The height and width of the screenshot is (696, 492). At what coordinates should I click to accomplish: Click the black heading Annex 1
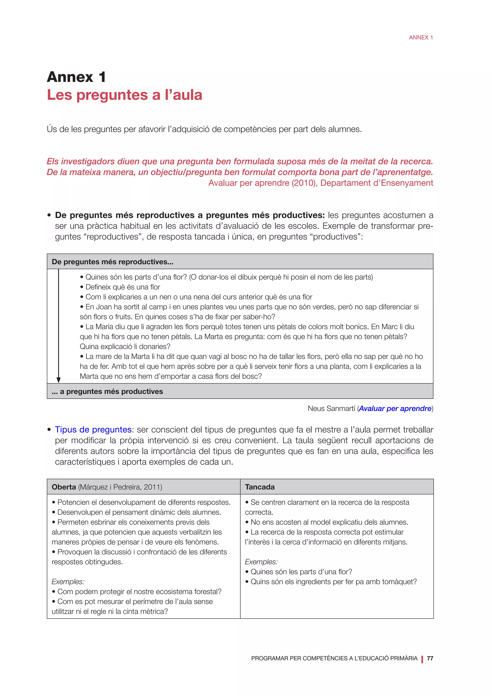[76, 77]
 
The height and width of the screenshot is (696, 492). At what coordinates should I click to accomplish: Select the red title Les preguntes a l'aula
[124, 95]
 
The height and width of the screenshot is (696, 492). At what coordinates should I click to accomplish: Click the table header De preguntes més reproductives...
[112, 262]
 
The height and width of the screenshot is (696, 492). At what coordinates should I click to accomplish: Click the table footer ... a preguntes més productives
[107, 391]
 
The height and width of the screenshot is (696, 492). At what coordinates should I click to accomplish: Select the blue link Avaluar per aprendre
[395, 409]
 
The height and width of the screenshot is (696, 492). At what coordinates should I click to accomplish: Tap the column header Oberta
[64, 487]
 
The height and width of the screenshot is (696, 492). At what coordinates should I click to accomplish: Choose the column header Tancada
[260, 487]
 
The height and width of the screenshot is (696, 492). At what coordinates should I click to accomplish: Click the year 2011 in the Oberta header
[152, 487]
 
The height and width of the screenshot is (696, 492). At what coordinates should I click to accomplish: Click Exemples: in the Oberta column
[68, 582]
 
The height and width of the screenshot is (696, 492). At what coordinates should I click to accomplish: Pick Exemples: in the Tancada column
[261, 562]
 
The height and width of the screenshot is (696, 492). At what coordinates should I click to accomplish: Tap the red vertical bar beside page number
[422, 659]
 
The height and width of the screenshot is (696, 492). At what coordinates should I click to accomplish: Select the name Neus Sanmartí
[332, 409]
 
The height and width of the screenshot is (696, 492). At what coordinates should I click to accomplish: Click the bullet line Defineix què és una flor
[123, 287]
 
